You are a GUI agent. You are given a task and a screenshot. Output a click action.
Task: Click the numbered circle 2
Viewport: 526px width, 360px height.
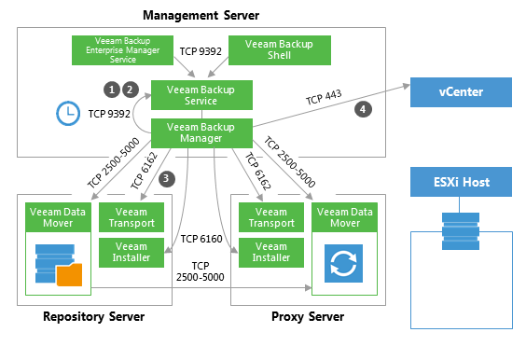131,89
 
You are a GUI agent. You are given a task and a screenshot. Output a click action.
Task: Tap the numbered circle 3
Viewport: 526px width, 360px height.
166,177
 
